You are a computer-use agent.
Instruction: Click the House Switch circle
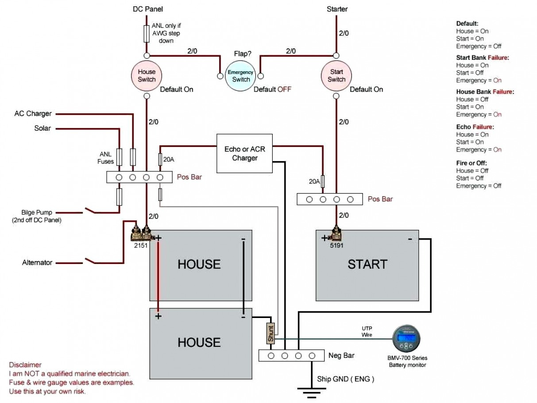[x=147, y=76]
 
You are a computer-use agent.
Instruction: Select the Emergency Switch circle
[x=240, y=76]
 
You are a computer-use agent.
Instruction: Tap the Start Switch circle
[x=336, y=76]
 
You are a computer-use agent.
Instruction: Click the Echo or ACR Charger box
[x=244, y=154]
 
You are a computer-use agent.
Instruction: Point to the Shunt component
[x=270, y=333]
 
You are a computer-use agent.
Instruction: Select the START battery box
[x=367, y=265]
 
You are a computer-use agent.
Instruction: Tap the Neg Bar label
[x=342, y=355]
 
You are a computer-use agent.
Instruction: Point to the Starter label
[x=337, y=9]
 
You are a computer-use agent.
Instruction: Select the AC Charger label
[x=33, y=114]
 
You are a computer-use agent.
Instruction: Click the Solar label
[x=42, y=128]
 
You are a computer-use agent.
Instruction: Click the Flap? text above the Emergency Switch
[x=243, y=54]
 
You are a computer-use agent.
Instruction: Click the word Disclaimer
[x=25, y=365]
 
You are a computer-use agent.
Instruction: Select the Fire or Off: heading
[x=471, y=163]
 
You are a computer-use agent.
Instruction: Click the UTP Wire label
[x=367, y=331]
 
